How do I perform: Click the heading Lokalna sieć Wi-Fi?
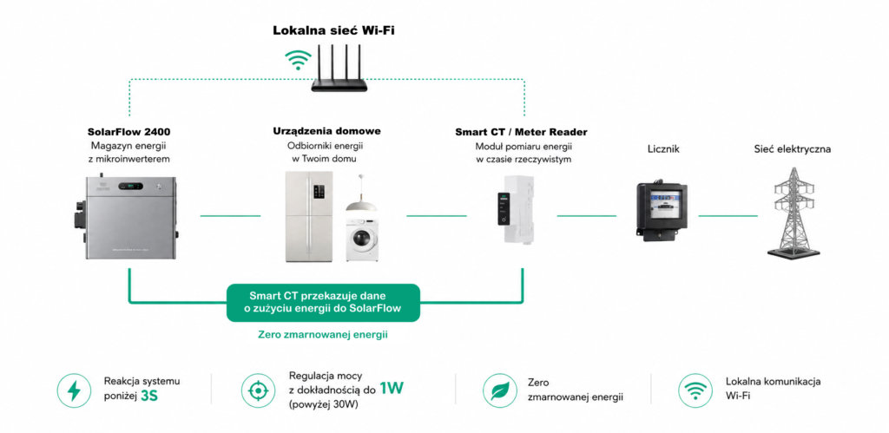pos(334,30)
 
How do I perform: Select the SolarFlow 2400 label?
pos(129,132)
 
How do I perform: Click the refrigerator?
pos(309,217)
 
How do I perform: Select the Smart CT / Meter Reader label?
pos(521,132)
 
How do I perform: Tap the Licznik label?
pos(663,149)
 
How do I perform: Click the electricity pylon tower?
pos(793,213)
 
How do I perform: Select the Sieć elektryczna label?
pos(793,149)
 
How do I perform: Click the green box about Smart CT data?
pos(323,303)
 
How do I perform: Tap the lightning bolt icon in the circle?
pos(75,390)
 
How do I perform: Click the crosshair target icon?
pos(258,390)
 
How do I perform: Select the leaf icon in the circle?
pos(499,390)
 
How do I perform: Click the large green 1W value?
pos(392,389)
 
